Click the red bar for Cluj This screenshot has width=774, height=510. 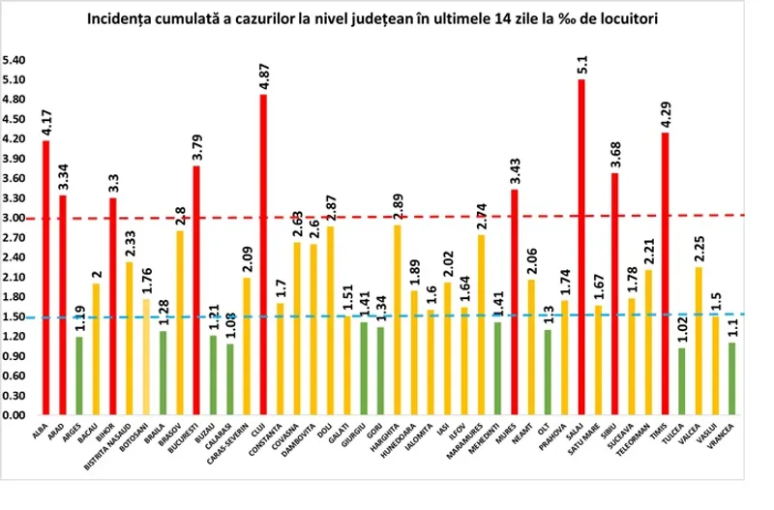pyautogui.click(x=263, y=255)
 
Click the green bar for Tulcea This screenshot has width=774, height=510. pyautogui.click(x=682, y=381)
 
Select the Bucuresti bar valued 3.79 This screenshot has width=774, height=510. pyautogui.click(x=196, y=290)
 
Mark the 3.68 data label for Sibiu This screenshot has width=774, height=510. pyautogui.click(x=615, y=155)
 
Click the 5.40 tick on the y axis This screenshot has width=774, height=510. pyautogui.click(x=15, y=60)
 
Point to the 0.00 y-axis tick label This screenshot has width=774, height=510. pyautogui.click(x=15, y=415)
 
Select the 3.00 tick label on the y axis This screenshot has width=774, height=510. pyautogui.click(x=15, y=218)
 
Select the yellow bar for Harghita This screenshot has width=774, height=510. pyautogui.click(x=398, y=319)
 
